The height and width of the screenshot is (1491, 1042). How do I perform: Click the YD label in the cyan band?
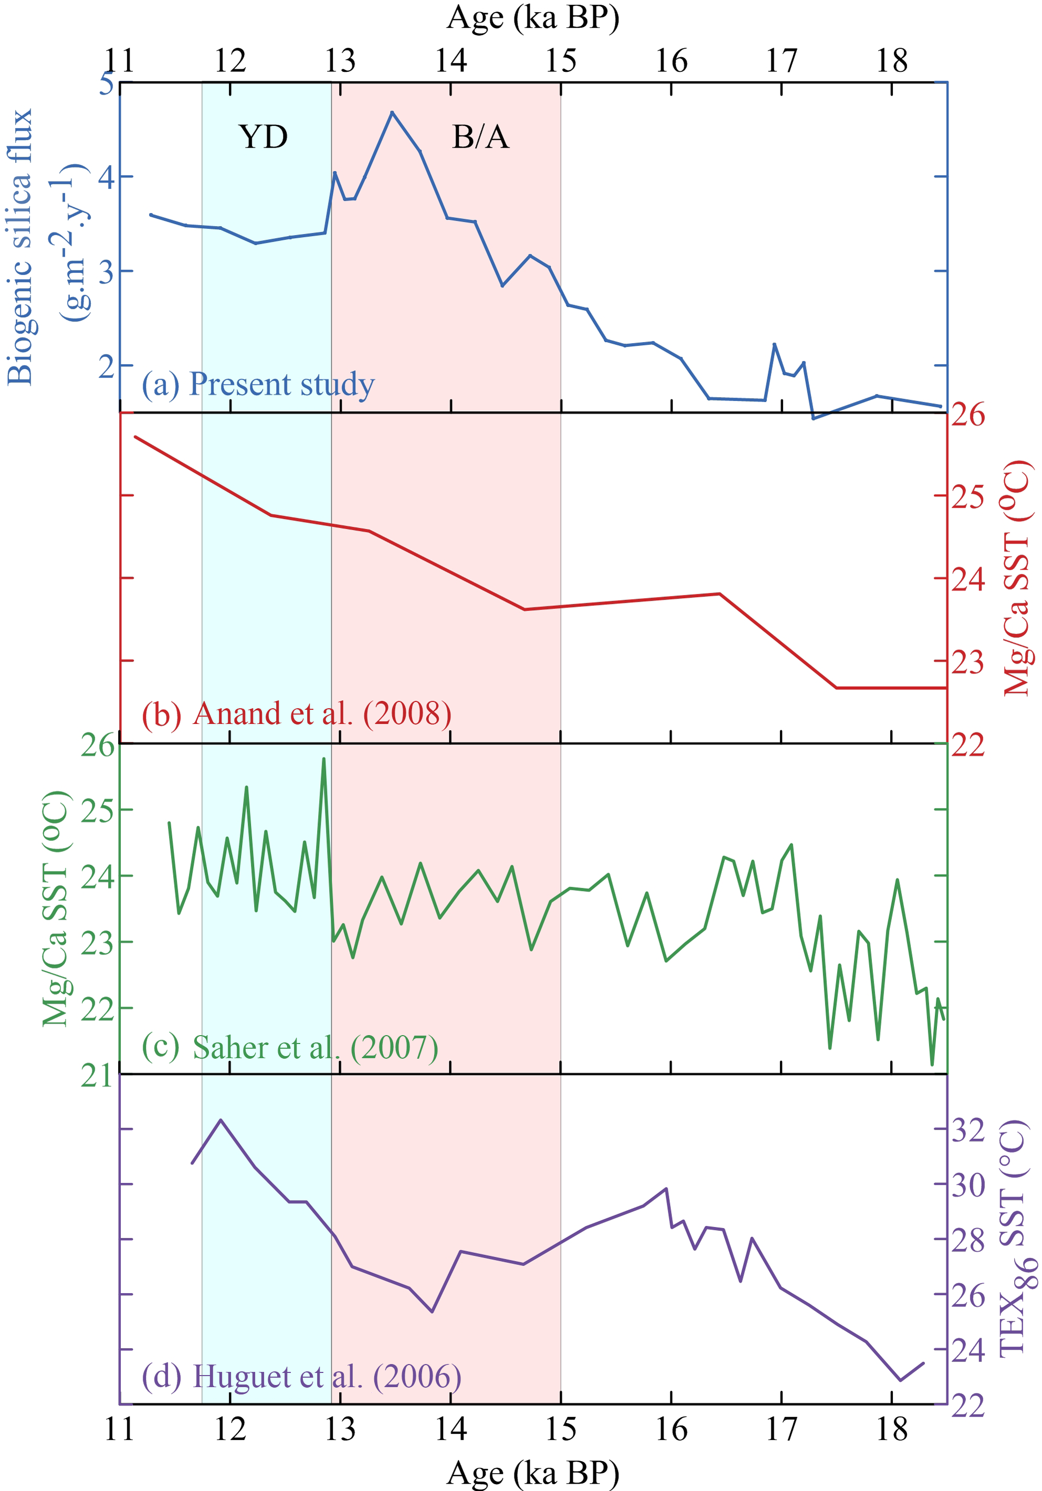click(x=263, y=137)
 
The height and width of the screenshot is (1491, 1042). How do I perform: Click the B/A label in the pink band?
click(x=480, y=137)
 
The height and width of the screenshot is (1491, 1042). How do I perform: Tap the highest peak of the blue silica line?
click(x=392, y=112)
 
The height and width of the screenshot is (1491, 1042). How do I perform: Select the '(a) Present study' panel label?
click(x=258, y=384)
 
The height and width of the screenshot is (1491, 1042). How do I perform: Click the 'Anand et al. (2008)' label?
click(x=322, y=713)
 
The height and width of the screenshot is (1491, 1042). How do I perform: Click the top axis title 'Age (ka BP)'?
click(x=533, y=17)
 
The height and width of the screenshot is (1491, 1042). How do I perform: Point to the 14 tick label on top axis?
click(x=450, y=61)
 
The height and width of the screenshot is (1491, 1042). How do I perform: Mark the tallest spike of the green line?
click(x=323, y=759)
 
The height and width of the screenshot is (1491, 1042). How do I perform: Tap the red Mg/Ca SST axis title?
click(x=1017, y=578)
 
